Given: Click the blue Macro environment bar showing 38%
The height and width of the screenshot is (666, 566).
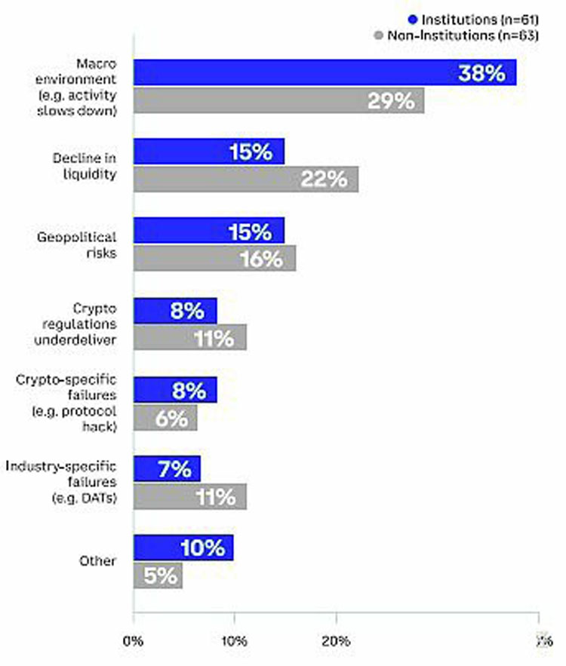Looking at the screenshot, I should coord(325,72).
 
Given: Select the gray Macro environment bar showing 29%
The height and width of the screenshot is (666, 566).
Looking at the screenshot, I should coord(278,101).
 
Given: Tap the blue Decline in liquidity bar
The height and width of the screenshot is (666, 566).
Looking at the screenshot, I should coord(209,152).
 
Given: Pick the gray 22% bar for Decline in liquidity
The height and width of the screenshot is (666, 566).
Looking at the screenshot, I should coord(246,180).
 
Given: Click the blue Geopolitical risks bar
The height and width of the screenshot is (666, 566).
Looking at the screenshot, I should coord(209,231).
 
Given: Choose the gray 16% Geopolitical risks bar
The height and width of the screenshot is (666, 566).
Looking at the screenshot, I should coord(214,259).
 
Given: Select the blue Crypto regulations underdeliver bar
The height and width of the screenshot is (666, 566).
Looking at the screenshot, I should coord(175,310).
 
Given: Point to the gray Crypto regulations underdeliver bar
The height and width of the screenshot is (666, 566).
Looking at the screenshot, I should coord(190,338).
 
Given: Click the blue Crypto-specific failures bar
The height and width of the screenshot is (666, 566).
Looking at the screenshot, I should coord(175,390).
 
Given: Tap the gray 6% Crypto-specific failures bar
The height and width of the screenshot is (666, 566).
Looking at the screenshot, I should coord(165,418).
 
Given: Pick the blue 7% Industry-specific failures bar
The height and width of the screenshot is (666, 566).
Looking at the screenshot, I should coord(167,468).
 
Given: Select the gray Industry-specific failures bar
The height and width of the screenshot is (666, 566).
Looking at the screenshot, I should coord(190,497).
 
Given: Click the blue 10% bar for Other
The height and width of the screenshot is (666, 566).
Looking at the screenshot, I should coord(183,548).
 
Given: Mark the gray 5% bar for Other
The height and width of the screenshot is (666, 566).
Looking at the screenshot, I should coord(158,576).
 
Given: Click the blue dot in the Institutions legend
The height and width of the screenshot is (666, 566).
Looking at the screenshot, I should coord(412,20).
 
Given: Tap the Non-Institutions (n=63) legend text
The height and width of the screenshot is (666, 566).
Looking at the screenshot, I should coord(462,35).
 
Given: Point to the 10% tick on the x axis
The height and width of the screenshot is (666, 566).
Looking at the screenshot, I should coord(234,641).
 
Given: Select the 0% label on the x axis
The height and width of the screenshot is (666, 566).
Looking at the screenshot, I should coord(134,641).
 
